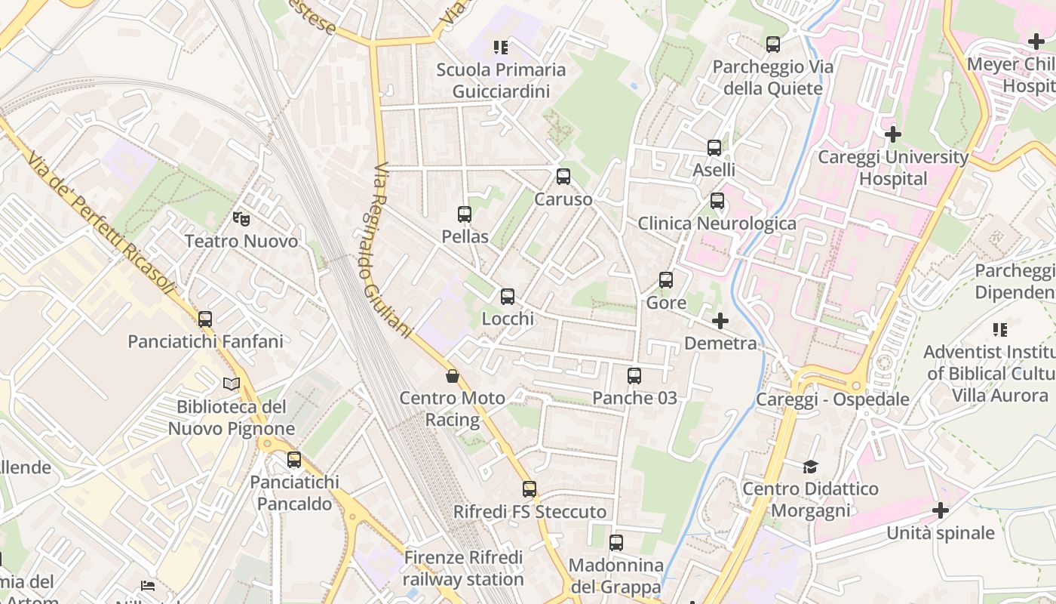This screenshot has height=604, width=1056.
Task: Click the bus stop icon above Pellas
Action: click(x=465, y=214)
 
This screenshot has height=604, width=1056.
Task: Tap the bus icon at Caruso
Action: click(x=563, y=177)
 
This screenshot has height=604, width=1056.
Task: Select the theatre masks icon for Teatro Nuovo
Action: click(x=241, y=219)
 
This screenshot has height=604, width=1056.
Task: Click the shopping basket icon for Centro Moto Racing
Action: click(x=453, y=376)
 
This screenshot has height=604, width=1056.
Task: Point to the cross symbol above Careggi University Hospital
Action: click(x=893, y=135)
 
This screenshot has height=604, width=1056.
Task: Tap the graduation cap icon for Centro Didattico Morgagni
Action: click(x=810, y=467)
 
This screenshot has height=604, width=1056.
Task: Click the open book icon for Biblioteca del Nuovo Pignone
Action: click(x=232, y=384)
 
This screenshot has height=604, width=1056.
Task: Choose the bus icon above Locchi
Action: click(x=508, y=297)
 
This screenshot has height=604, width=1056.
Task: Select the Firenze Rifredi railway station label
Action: click(x=463, y=569)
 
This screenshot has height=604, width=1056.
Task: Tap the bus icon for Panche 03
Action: click(x=634, y=375)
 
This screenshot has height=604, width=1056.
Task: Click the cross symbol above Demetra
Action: click(x=720, y=321)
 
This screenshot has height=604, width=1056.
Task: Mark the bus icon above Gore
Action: click(x=666, y=280)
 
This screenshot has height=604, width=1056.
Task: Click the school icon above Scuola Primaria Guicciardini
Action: click(x=501, y=48)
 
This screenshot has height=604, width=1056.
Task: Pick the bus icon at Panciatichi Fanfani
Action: click(x=205, y=319)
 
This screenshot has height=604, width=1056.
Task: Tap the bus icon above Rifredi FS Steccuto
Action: click(x=530, y=489)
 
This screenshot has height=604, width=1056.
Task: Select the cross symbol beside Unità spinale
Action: click(x=940, y=510)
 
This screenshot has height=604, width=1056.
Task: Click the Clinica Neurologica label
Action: click(x=717, y=223)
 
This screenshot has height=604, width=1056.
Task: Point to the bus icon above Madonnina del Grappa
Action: click(x=616, y=543)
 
